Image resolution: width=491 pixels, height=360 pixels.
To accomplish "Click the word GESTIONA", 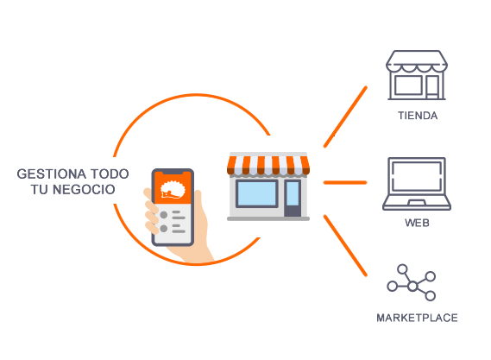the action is tap(52, 174).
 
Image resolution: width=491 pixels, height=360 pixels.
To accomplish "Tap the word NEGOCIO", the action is tap(84, 190).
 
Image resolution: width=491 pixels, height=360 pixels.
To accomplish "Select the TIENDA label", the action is tap(418, 116).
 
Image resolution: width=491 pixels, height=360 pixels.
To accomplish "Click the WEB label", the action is tap(417, 223).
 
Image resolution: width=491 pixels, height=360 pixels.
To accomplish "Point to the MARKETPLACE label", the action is tap(417, 318).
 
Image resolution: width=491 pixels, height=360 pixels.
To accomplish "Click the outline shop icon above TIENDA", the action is tap(417, 75).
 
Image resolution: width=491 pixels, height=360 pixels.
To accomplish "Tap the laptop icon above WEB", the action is tap(417, 184).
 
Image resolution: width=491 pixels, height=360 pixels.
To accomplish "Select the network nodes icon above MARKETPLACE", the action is tap(411, 283).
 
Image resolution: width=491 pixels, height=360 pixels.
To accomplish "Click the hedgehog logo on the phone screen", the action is tap(173, 190).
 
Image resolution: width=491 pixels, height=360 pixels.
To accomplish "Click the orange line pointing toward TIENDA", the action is tap(345, 117).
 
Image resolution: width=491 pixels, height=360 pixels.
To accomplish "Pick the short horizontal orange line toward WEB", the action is tap(345, 182).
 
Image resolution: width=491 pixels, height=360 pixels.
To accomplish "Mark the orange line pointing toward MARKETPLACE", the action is tap(345, 246).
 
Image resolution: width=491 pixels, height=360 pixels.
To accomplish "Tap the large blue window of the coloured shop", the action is tap(257, 193).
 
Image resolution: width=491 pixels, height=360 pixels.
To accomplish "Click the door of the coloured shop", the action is tap(293, 198).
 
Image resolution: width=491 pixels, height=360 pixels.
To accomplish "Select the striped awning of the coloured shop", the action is tap(268, 165).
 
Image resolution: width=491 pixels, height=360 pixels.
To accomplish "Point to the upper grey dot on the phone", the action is tap(163, 215).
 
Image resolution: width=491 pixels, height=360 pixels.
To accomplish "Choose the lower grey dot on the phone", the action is tap(163, 229).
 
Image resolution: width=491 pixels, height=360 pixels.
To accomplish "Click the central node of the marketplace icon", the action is tap(412, 286).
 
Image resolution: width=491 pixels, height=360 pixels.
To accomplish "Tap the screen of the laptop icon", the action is tap(417, 176).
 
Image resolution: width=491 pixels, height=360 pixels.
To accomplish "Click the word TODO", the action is tap(110, 174).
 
